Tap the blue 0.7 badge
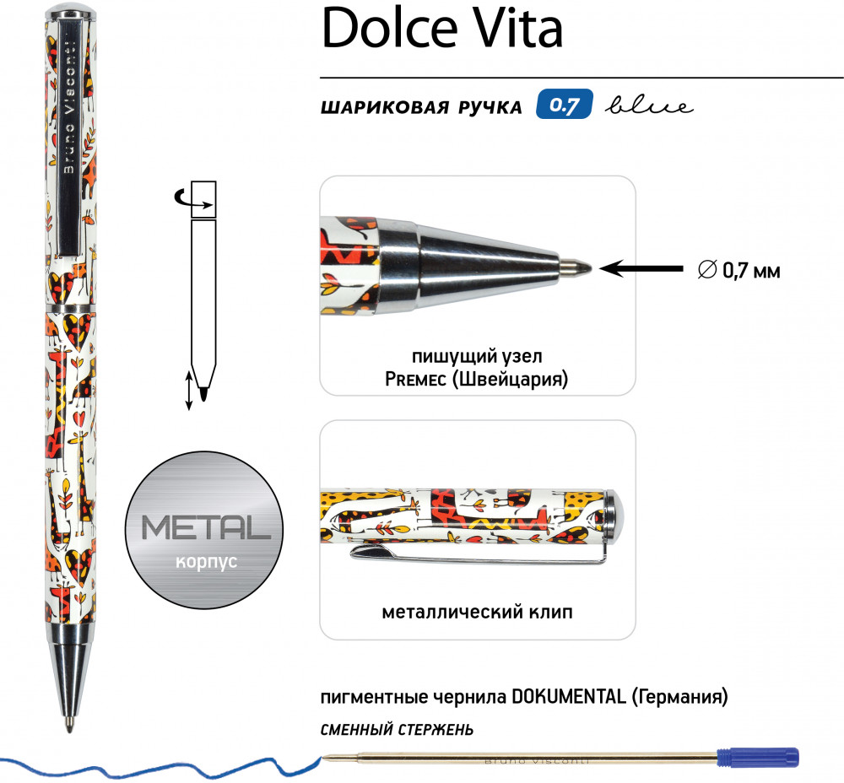(x=564, y=105)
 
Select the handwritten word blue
(x=649, y=105)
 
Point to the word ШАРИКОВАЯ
(x=383, y=107)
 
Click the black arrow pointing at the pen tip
(x=641, y=268)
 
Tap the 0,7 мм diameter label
(x=738, y=270)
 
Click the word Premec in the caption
(x=415, y=380)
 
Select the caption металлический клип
(x=477, y=612)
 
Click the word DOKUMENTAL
(x=568, y=696)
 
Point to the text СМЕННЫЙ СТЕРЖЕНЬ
(x=397, y=730)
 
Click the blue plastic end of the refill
(x=758, y=758)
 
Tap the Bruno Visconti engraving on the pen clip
(x=69, y=108)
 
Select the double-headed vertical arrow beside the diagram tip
(x=189, y=390)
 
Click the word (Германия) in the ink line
(x=679, y=697)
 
